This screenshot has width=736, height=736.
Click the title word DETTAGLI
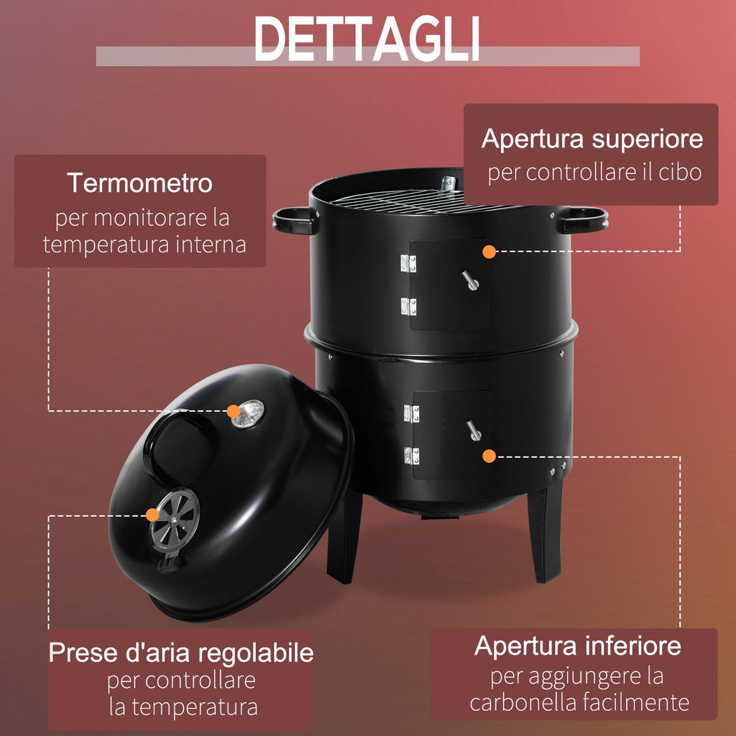[367, 39]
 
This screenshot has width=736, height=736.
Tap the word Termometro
[140, 183]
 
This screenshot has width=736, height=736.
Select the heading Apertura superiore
[592, 139]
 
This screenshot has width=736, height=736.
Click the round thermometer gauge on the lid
[248, 413]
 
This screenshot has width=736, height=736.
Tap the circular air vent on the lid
[175, 519]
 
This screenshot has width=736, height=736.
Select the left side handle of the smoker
[294, 220]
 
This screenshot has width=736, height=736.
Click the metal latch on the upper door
[470, 280]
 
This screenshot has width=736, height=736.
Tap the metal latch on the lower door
[474, 430]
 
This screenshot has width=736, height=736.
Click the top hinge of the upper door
[408, 263]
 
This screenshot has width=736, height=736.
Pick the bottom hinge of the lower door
[412, 455]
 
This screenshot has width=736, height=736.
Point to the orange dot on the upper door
[489, 252]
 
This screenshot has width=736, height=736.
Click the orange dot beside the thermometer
[234, 411]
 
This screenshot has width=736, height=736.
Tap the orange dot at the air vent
[152, 515]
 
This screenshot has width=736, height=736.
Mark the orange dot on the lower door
[489, 456]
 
